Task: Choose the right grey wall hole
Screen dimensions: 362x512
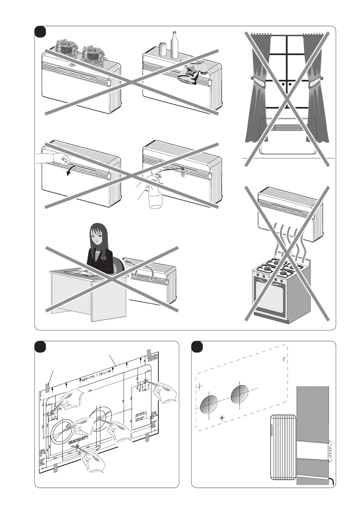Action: tap(240, 394)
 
